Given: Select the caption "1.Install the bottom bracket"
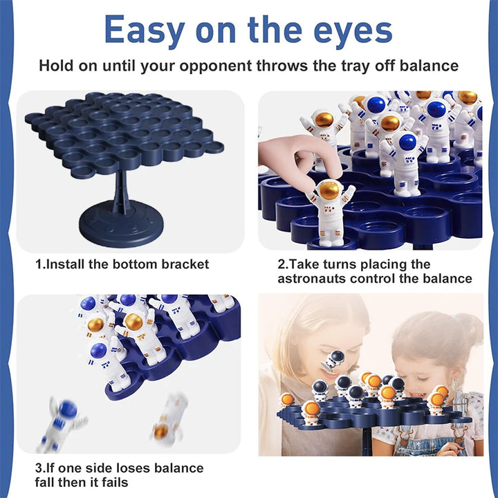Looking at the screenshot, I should coord(122,264).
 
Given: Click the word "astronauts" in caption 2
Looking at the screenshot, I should coord(313,279).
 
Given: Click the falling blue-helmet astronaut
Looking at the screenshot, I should coord(64,421).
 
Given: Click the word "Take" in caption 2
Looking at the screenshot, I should coord(304,264).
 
